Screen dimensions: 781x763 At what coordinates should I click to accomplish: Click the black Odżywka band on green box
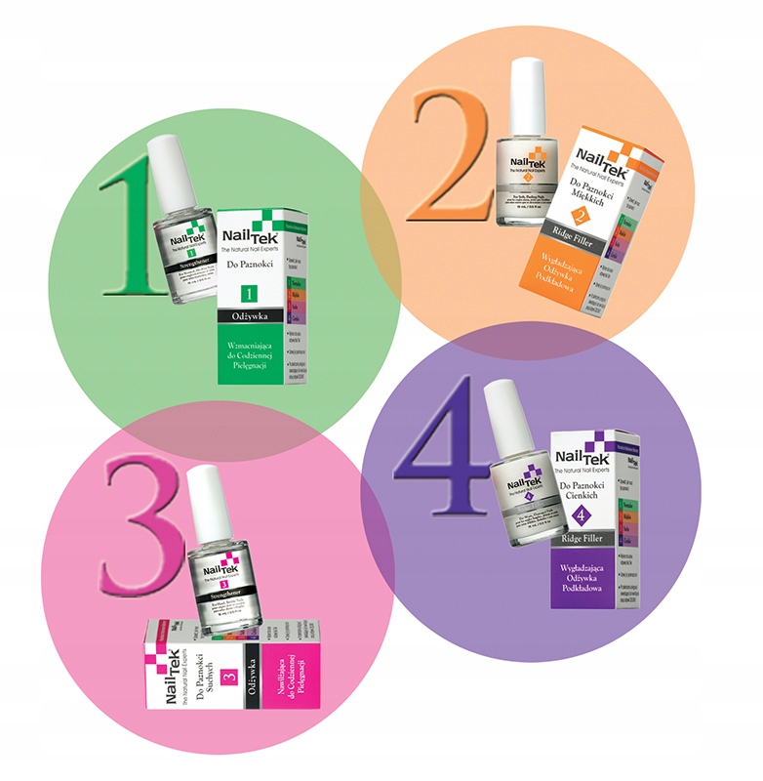click(249, 317)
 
